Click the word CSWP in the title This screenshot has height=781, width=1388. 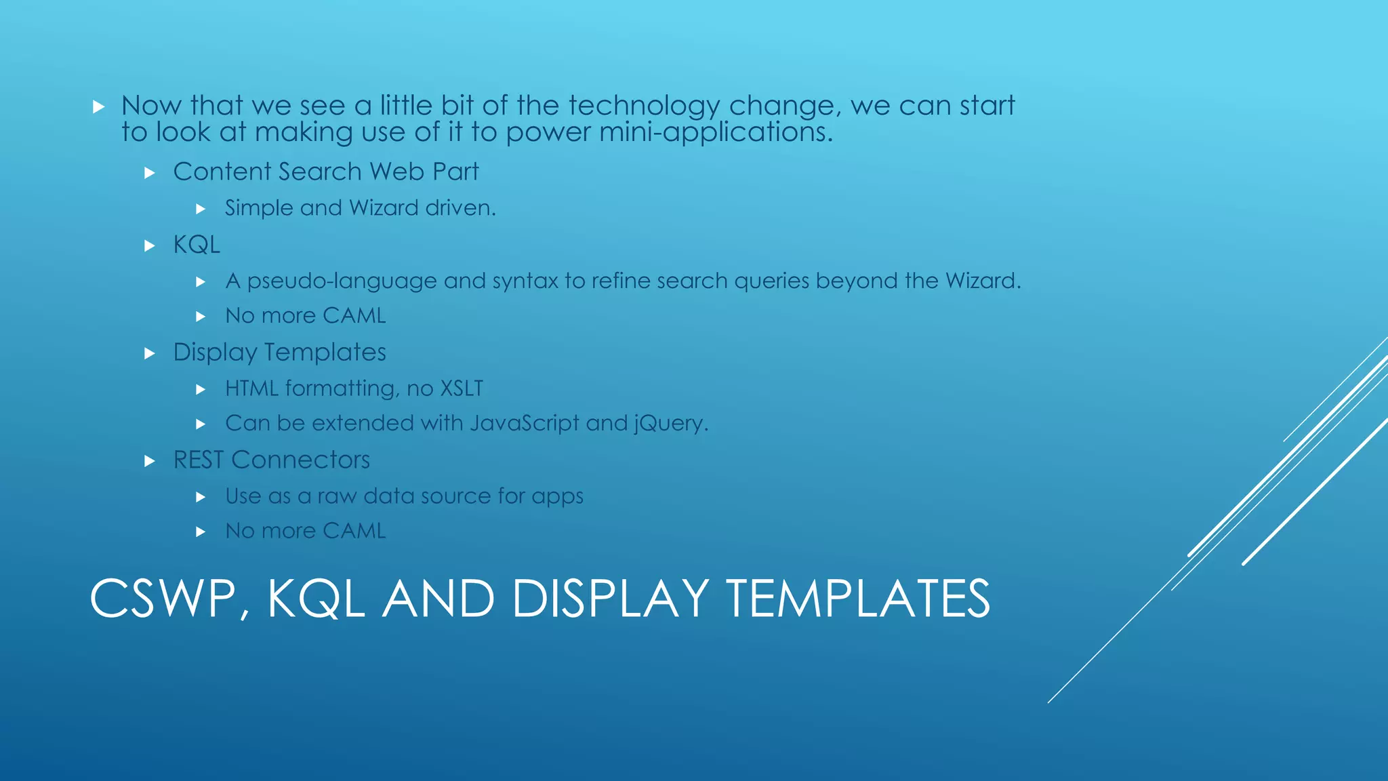coord(163,599)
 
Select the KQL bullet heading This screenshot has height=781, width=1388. coord(197,245)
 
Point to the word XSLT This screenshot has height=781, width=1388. coord(462,388)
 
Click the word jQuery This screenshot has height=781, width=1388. coord(670,424)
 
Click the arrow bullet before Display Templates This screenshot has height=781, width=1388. coord(150,353)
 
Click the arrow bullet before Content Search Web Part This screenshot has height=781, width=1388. coord(150,173)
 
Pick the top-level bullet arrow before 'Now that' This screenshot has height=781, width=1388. coord(99,106)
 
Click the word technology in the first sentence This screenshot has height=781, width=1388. coord(644,106)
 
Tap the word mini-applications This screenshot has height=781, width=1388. coord(716,132)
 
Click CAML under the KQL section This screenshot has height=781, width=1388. coord(354,316)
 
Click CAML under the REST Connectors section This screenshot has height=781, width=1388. coord(354,531)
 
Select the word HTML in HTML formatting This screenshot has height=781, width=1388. coord(251,388)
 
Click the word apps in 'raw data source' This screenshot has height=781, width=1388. coord(557,497)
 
